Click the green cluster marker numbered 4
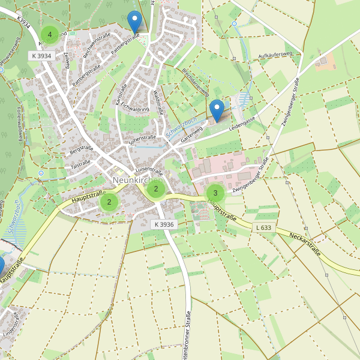pos(50,34)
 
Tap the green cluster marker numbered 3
pos(215,193)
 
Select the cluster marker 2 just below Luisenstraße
pos(156,190)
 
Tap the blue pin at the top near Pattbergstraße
pos(135,22)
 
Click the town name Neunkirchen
pos(137,180)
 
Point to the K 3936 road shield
pos(163,224)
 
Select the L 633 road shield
pos(263,227)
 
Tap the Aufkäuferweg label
pos(274,55)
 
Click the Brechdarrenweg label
pos(196,83)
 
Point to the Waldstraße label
pos(158,102)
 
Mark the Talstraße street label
pos(80,163)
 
